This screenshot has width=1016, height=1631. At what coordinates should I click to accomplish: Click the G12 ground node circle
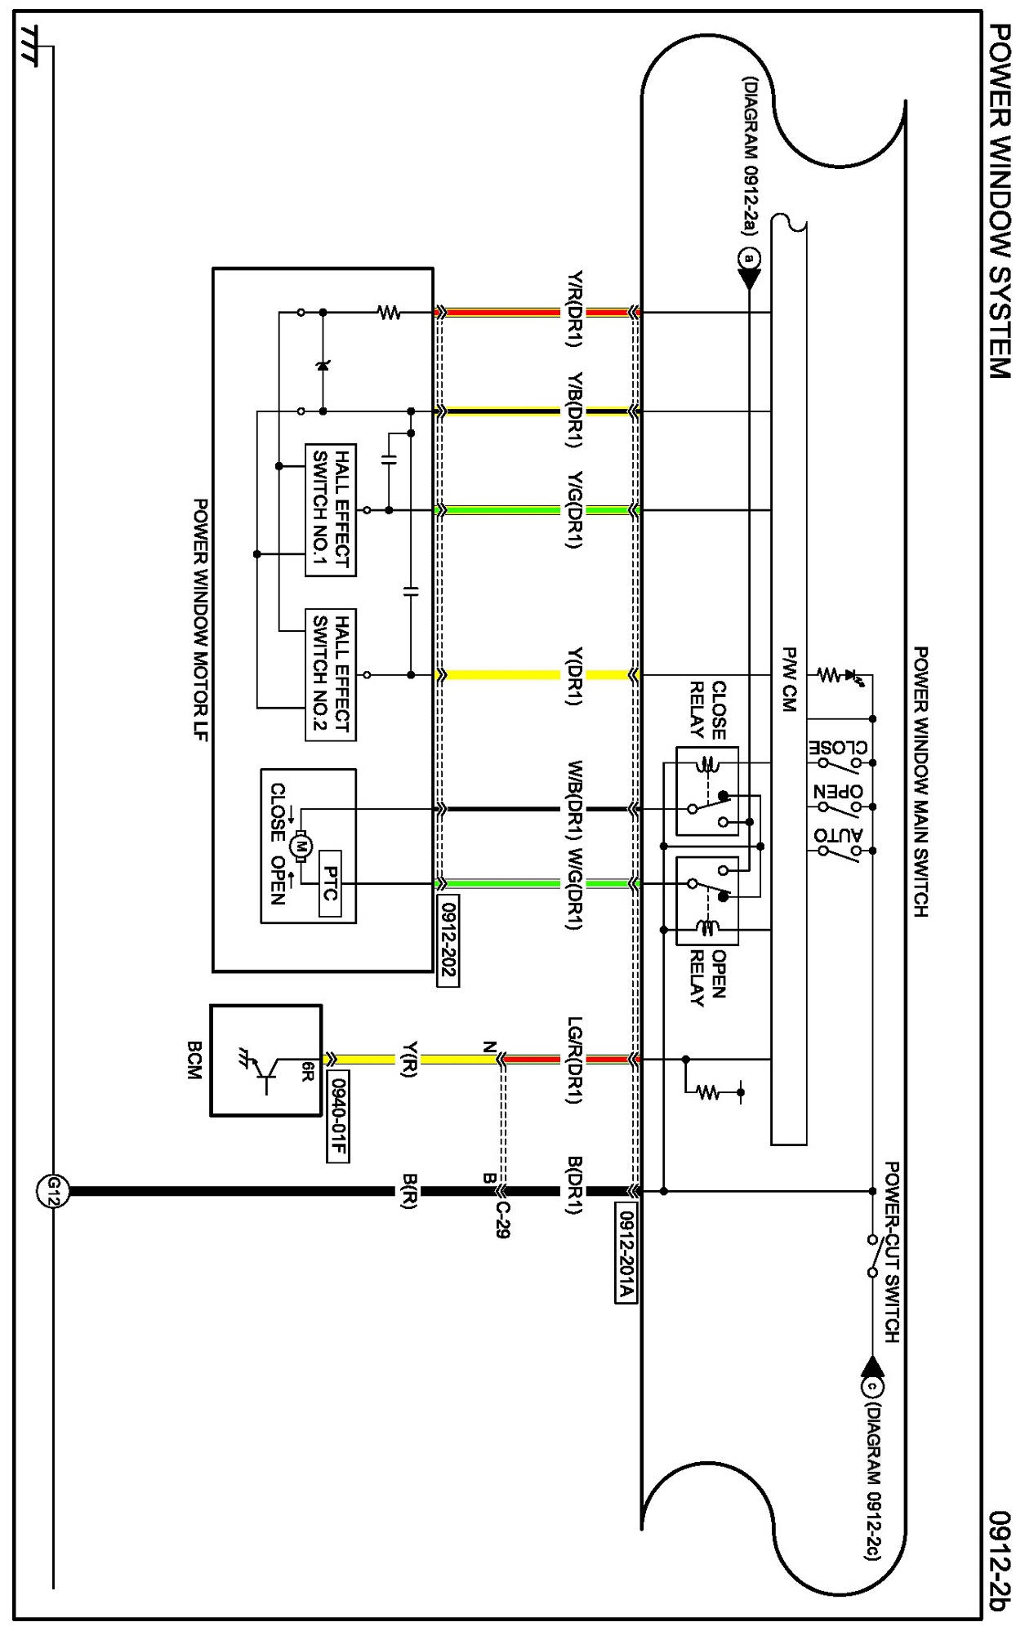point(53,1191)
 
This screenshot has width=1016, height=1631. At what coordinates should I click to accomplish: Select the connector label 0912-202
point(448,941)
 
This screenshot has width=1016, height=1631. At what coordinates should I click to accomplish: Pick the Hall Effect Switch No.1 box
point(331,510)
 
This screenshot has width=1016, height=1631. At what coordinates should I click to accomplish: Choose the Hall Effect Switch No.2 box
point(331,675)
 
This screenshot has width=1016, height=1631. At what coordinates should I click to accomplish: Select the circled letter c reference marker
point(872,1386)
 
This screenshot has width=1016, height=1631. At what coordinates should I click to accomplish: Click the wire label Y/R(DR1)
point(575,309)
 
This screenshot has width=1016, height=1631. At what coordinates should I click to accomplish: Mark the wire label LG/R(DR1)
point(575,1060)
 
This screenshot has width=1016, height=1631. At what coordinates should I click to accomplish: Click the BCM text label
point(194,1060)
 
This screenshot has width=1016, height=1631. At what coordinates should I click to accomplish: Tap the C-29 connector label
point(502,1220)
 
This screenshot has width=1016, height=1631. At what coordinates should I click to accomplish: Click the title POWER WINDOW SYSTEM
point(1000,201)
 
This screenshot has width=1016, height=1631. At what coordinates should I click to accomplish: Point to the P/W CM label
point(789,679)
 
